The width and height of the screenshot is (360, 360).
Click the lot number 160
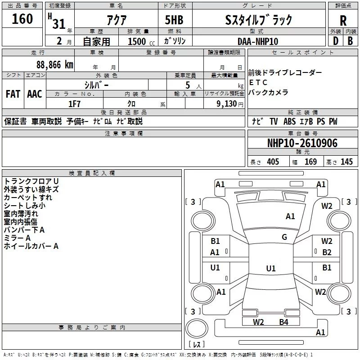[23, 19]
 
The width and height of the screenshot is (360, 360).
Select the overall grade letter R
[343, 20]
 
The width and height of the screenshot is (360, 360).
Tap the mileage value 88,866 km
[55, 64]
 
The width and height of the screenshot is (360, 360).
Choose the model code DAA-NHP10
[258, 41]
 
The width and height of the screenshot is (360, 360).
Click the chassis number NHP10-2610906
[302, 143]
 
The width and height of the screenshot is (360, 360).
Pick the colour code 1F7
[74, 104]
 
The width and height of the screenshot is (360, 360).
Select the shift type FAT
[13, 94]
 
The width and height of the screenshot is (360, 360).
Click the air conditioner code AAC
[34, 94]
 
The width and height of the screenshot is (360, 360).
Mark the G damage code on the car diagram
[284, 237]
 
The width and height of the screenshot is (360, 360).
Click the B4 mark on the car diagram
[283, 322]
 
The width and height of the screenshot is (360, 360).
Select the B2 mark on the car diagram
[327, 252]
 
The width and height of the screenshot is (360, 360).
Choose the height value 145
[346, 162]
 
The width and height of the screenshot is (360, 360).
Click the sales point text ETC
[258, 82]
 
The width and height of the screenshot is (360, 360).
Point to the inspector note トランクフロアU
[31, 181]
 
